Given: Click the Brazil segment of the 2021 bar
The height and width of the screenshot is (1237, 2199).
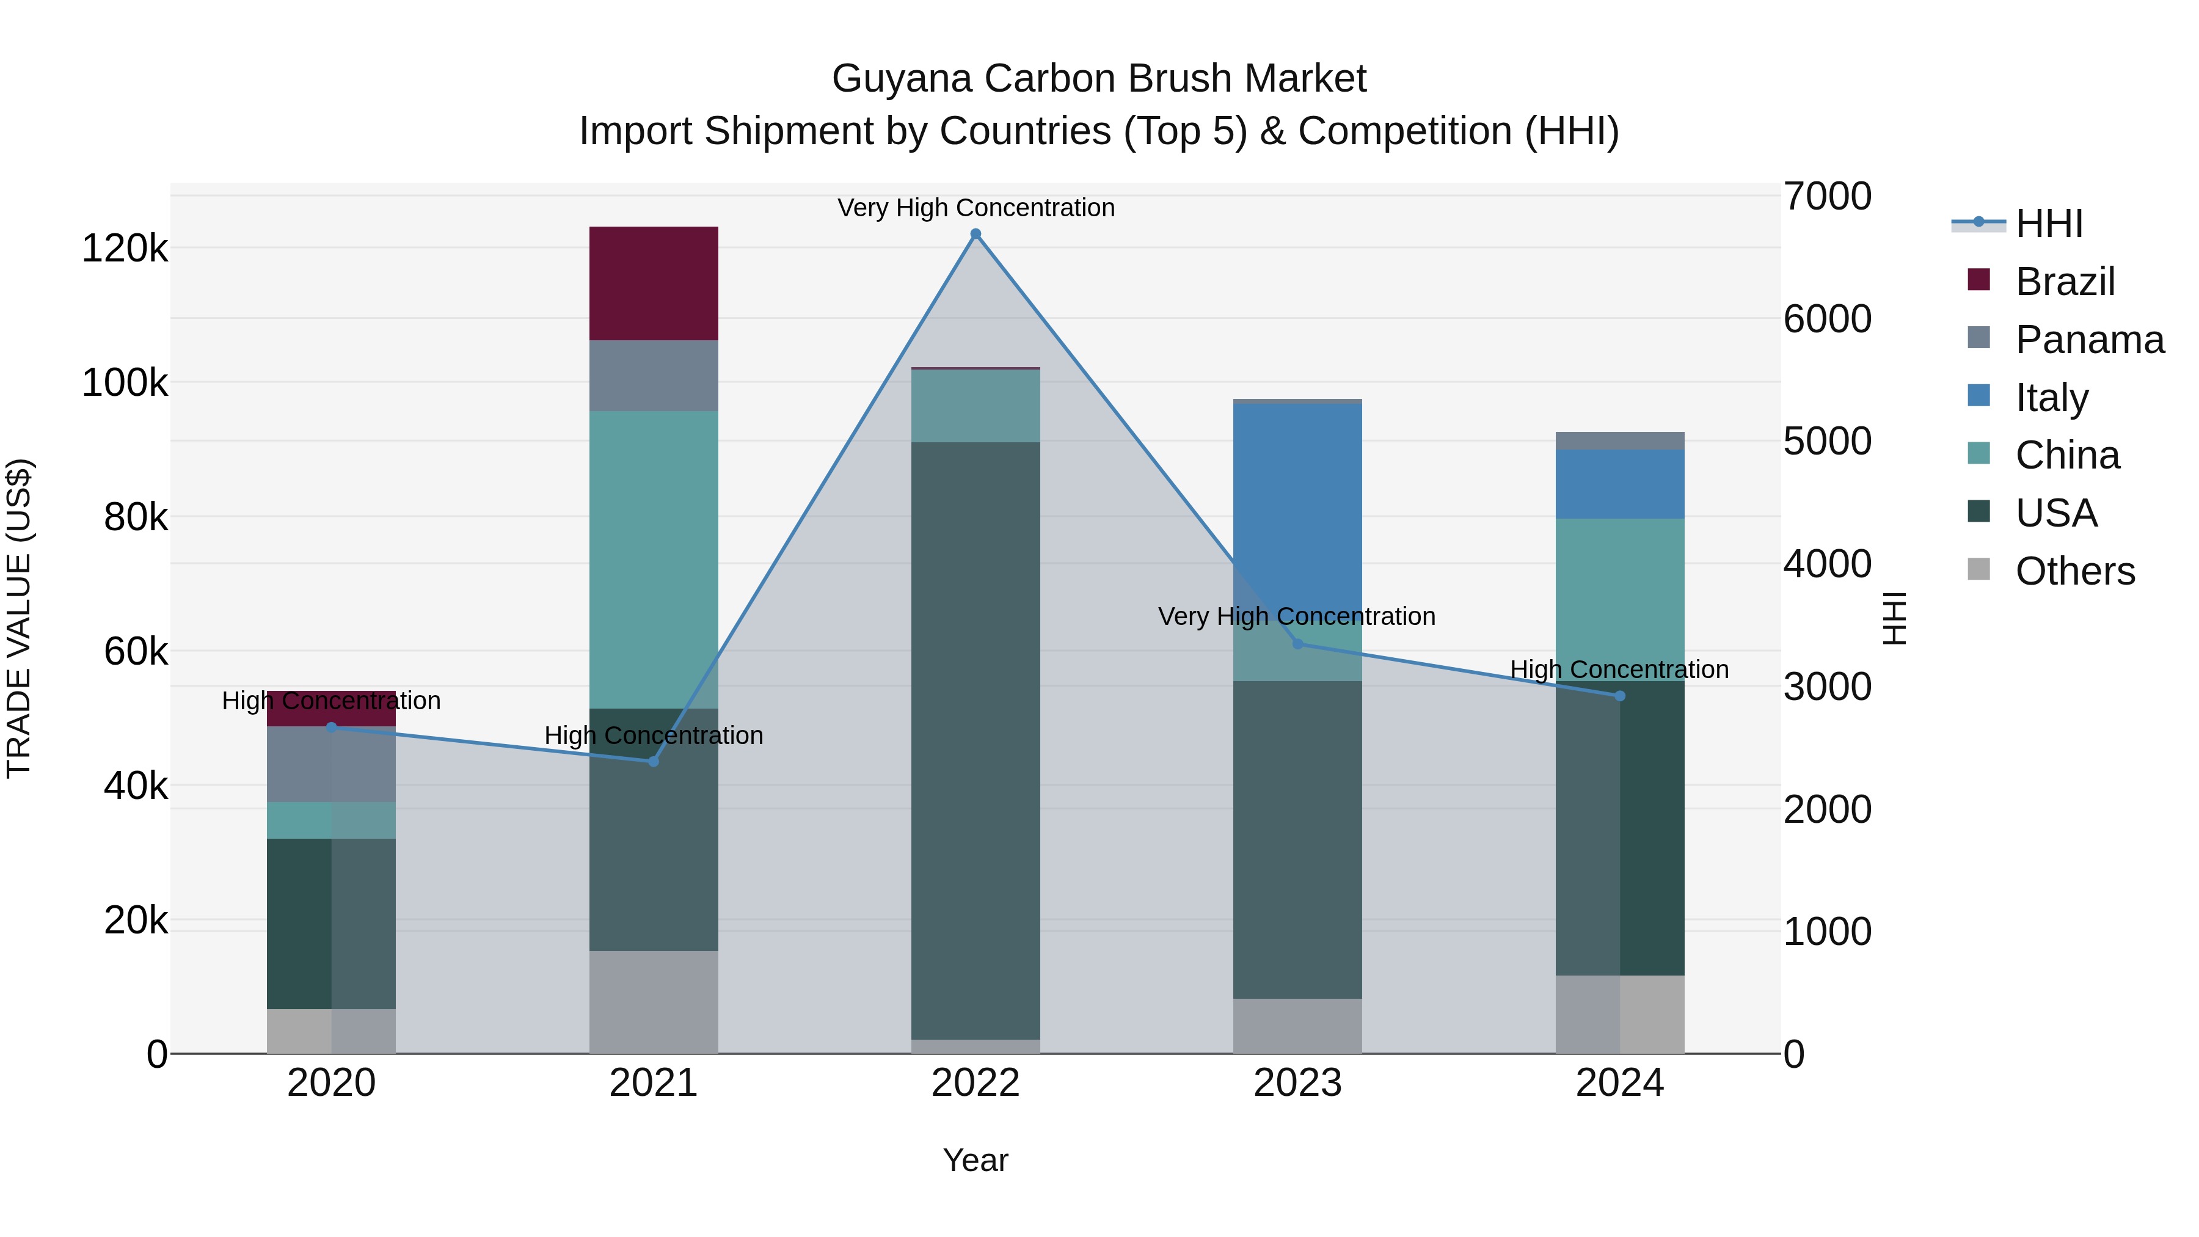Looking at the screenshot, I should click(653, 283).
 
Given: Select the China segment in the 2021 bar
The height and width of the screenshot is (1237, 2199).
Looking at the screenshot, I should click(653, 559).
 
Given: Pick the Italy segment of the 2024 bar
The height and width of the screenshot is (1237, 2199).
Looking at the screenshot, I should click(1619, 483).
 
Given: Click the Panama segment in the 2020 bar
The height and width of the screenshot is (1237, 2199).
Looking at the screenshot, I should click(331, 765).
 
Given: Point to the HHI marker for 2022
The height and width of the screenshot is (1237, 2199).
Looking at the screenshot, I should click(976, 234).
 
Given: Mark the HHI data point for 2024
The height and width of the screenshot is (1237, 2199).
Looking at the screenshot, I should click(1619, 696).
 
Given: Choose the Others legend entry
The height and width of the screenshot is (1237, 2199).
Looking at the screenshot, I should click(2074, 571).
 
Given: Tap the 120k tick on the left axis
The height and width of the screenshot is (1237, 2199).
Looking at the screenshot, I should click(125, 249).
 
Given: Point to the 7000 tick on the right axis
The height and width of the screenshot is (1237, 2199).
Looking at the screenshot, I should click(1827, 196).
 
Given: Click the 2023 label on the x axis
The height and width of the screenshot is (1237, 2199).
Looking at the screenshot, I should click(1297, 1083).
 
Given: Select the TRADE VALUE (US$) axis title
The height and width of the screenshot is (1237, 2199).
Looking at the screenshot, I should click(19, 618).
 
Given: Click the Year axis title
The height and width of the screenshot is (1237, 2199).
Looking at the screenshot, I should click(975, 1160).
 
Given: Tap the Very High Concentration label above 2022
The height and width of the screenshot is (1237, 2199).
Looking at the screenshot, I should click(976, 208).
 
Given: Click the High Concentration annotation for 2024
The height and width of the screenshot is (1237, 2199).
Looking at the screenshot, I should click(1619, 670).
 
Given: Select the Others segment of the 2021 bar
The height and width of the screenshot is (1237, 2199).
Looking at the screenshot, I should click(653, 1001).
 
